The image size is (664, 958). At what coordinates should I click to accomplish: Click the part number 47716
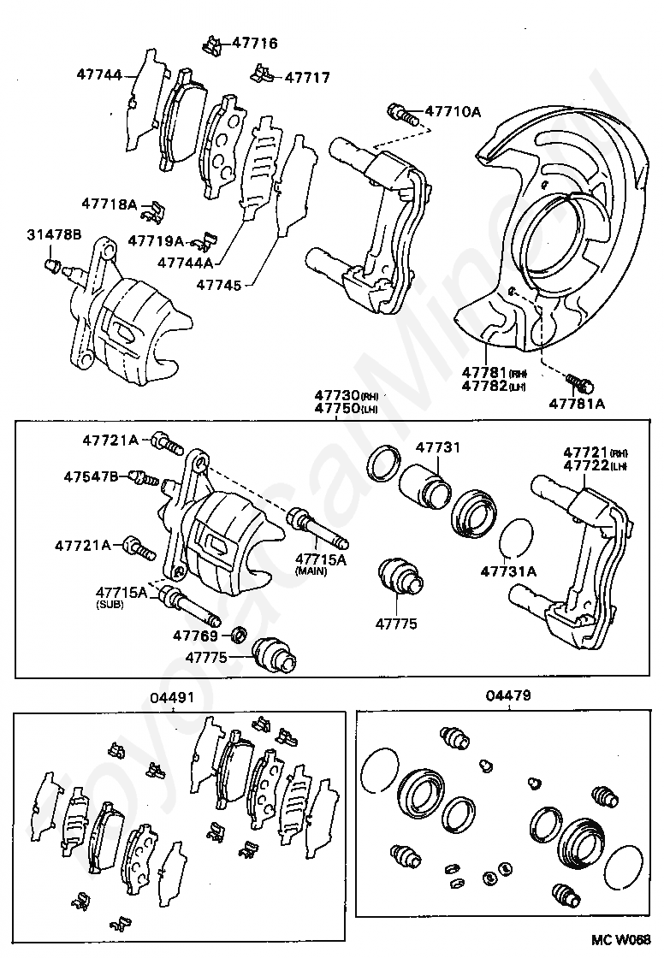pos(254,43)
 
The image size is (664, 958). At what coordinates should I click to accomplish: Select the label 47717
pos(306,77)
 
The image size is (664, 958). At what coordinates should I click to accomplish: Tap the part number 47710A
pos(454,111)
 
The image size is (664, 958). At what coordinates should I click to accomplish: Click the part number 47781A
pos(577,404)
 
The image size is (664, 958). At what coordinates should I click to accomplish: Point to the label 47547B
pos(92,476)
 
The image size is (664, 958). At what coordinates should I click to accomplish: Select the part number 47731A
pos(508,571)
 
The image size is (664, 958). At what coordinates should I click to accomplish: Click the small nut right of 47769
pos(240,636)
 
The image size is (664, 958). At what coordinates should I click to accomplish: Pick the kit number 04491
pos(173,698)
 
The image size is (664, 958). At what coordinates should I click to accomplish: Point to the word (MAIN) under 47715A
pos(311,571)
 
